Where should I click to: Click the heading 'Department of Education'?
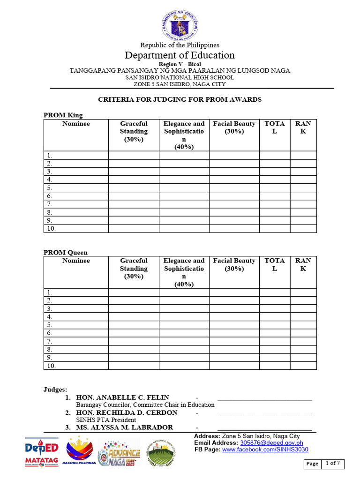180,55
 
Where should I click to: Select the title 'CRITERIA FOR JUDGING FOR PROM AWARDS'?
180,99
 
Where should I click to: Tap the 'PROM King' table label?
63,115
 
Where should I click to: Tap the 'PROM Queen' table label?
66,252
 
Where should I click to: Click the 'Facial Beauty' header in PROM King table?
234,127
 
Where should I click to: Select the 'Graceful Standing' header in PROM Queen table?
134,268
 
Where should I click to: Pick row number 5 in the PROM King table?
49,188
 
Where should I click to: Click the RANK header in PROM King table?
303,127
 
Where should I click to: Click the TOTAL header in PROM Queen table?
274,264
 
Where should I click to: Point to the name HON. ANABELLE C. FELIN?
122,397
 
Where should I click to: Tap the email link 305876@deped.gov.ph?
271,442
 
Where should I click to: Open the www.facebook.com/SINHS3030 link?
265,450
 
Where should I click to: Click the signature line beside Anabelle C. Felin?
264,400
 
